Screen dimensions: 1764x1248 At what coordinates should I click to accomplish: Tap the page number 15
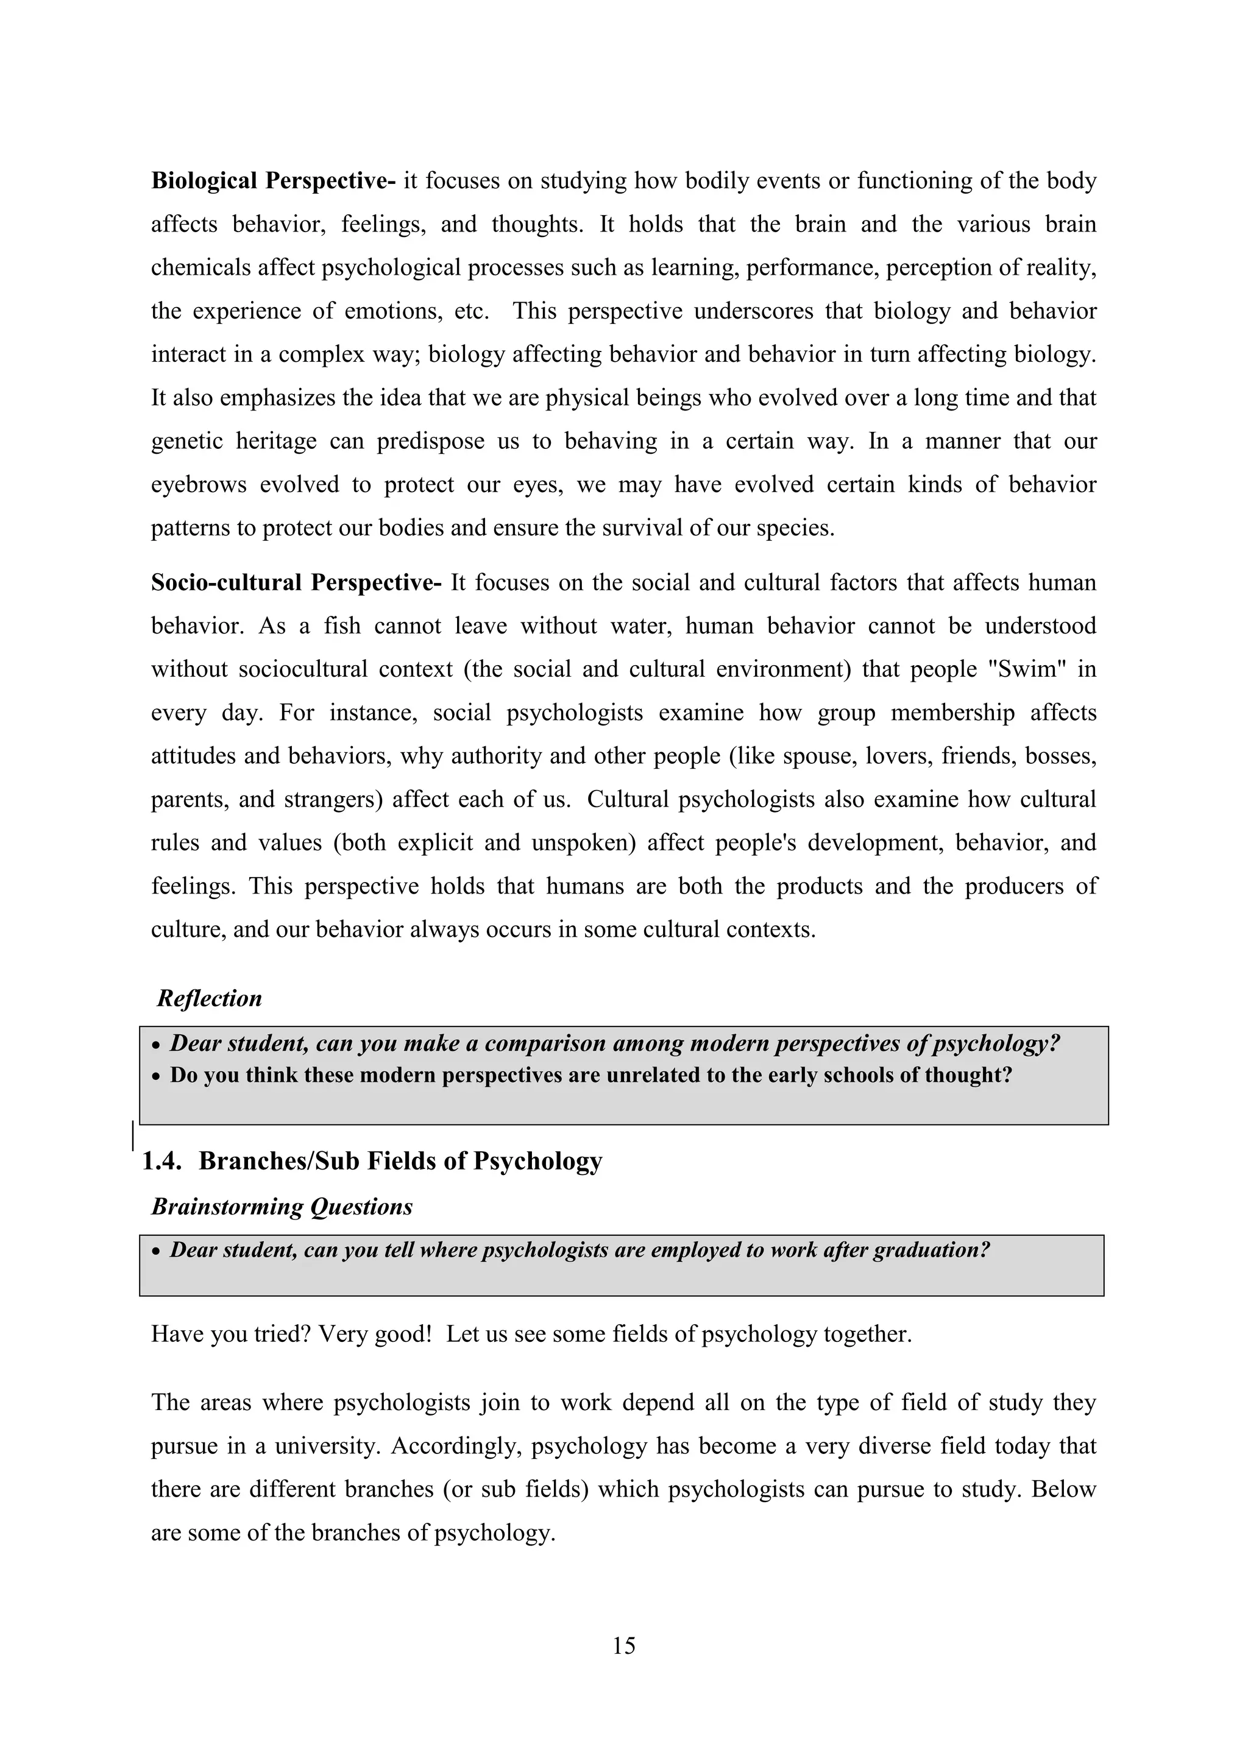623,1646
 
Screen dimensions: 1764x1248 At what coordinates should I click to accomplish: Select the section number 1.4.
161,1161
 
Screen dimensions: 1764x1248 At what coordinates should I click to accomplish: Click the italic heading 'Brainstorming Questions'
282,1207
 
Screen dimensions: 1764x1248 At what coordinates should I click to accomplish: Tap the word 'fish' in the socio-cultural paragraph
341,626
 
